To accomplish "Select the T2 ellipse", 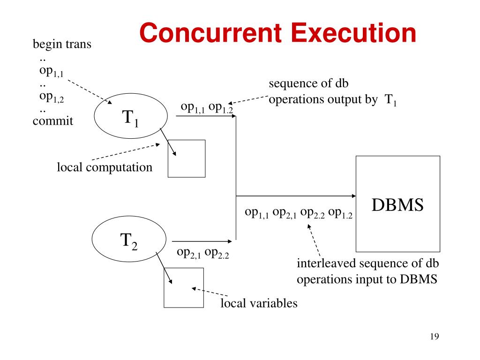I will click(x=129, y=241).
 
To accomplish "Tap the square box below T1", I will click(x=187, y=158).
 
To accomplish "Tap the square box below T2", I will click(x=183, y=287).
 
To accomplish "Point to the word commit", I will click(x=53, y=121).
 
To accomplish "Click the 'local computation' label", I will click(x=105, y=167).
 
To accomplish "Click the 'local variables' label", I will click(x=259, y=303).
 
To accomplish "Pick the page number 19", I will click(x=434, y=337).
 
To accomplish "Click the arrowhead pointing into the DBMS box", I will click(x=352, y=195).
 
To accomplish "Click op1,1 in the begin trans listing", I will click(x=52, y=71).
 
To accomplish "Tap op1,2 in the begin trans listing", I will click(x=52, y=97).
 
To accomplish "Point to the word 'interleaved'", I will click(x=325, y=263).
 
